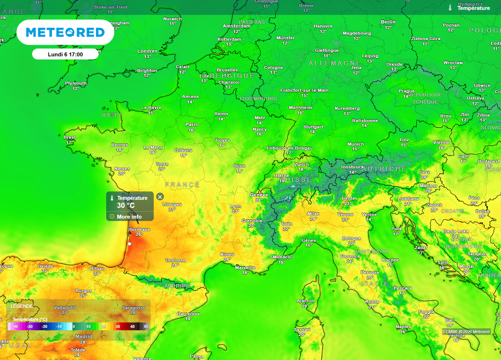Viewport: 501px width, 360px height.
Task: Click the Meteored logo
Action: pyautogui.click(x=65, y=32)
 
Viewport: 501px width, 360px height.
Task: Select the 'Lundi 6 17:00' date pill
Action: pyautogui.click(x=65, y=54)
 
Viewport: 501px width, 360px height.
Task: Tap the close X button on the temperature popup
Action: pyautogui.click(x=160, y=197)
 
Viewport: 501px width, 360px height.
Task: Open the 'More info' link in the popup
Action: pyautogui.click(x=129, y=217)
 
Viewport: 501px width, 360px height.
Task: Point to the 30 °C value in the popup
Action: pyautogui.click(x=126, y=205)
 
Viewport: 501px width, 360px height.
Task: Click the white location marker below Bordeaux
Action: pyautogui.click(x=130, y=243)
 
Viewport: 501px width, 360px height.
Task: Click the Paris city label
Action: pyautogui.click(x=192, y=125)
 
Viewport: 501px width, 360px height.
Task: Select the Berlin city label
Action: pyautogui.click(x=388, y=22)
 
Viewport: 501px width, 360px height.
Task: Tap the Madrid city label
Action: pyautogui.click(x=84, y=337)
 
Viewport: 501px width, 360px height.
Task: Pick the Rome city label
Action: pyautogui.click(x=372, y=302)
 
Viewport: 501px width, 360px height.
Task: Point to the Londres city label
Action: pyautogui.click(x=147, y=51)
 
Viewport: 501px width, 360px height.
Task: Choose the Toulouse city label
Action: pyautogui.click(x=175, y=260)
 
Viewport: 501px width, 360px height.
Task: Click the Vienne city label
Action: pyautogui.click(x=441, y=142)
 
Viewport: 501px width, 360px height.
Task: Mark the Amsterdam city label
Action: pyautogui.click(x=237, y=26)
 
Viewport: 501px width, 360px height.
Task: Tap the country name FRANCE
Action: pyautogui.click(x=182, y=185)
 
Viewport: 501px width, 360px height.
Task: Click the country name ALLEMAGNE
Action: pyautogui.click(x=335, y=64)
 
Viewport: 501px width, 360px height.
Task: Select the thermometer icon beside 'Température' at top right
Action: pyautogui.click(x=450, y=8)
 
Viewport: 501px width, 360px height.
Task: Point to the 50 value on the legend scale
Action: pyautogui.click(x=146, y=326)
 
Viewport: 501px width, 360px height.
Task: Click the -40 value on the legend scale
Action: pyautogui.click(x=15, y=326)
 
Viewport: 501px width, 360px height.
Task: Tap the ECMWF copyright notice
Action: pyautogui.click(x=466, y=332)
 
